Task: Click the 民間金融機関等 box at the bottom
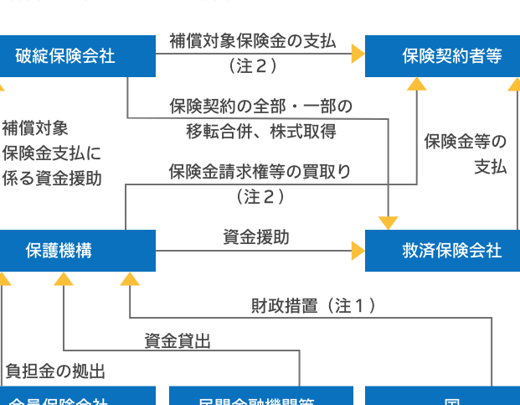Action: (260, 397)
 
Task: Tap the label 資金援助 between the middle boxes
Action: (256, 238)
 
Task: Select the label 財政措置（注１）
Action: (313, 306)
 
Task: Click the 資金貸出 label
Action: (178, 340)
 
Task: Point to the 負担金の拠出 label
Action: (55, 371)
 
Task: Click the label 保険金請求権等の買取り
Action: (260, 172)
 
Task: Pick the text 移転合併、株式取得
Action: (260, 131)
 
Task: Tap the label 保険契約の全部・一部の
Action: (260, 106)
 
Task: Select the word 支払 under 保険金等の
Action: (491, 166)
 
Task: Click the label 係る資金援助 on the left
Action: (52, 178)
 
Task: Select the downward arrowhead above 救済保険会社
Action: (388, 222)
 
